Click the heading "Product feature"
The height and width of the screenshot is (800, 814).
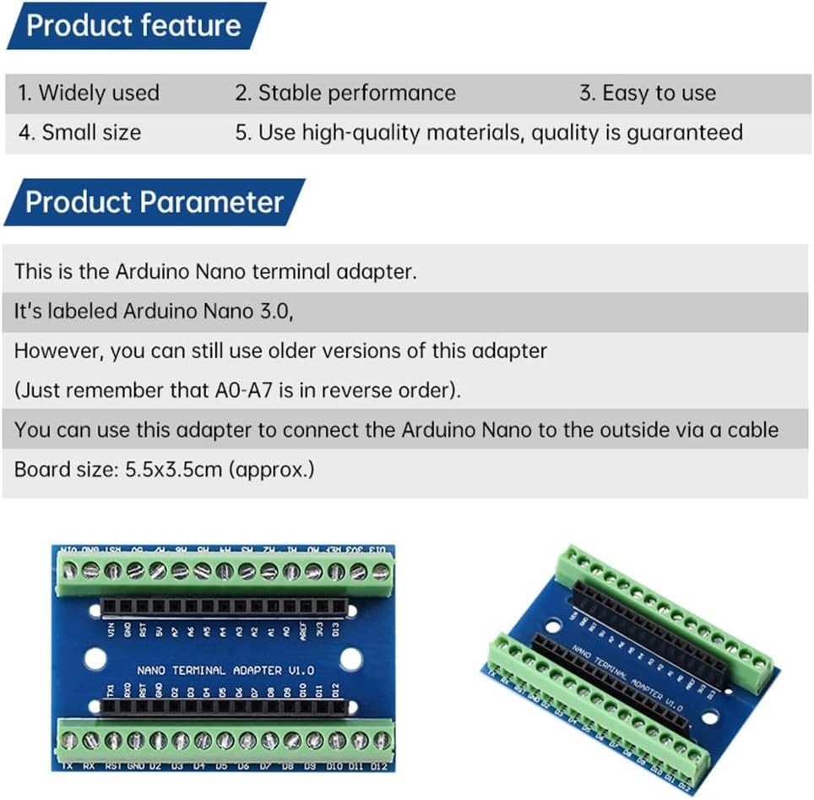tap(133, 24)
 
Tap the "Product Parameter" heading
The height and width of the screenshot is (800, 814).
tap(154, 203)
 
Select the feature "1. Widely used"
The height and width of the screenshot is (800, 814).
tap(89, 93)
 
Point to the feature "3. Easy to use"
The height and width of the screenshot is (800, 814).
tap(647, 93)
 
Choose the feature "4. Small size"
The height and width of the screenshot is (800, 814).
tap(79, 133)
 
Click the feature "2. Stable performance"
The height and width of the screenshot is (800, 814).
tap(345, 93)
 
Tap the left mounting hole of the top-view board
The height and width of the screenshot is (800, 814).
tap(94, 659)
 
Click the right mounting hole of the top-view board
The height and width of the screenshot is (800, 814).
tap(350, 659)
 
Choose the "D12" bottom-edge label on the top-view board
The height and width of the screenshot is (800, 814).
tap(378, 766)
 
